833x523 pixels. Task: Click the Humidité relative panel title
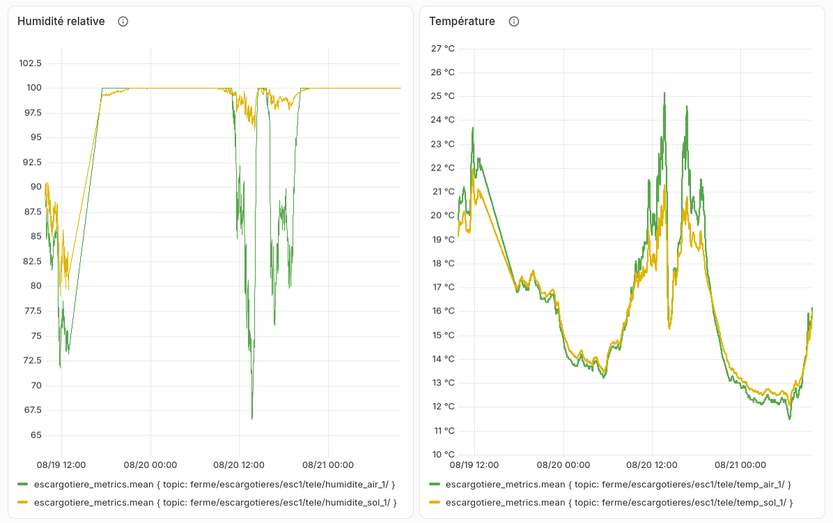[x=61, y=21]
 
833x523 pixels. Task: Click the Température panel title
[x=462, y=21]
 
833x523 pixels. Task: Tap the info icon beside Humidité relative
[x=123, y=21]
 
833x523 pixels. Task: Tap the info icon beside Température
[x=514, y=21]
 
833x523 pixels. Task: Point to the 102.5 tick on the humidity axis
[x=30, y=63]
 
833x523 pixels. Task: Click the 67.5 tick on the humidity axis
[x=33, y=410]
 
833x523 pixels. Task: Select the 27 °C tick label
[x=442, y=48]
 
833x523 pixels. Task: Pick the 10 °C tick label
[x=442, y=454]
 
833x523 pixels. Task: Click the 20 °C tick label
[x=442, y=215]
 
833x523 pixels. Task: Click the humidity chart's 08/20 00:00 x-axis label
[x=150, y=465]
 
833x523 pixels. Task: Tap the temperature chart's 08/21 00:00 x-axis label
[x=740, y=465]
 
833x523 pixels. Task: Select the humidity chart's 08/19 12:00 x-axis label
[x=61, y=465]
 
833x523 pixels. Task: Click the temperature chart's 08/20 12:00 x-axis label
[x=652, y=465]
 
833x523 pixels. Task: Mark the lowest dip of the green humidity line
[x=252, y=419]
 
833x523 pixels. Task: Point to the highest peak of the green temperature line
[x=664, y=93]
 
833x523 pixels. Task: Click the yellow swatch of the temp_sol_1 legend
[x=435, y=502]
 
